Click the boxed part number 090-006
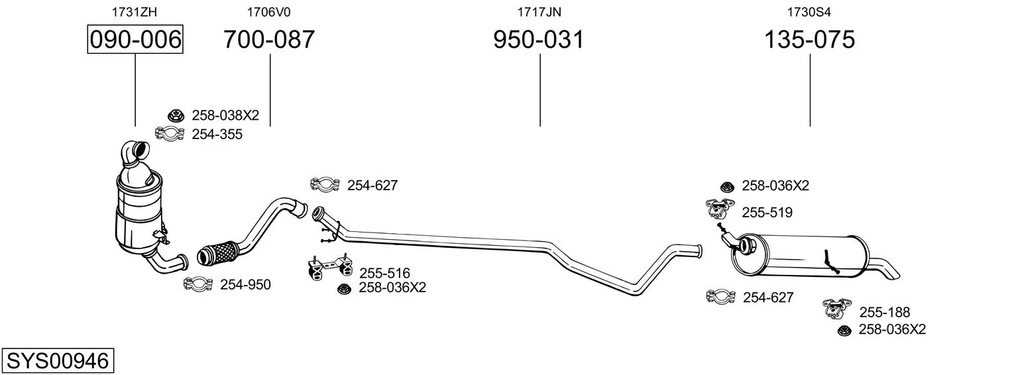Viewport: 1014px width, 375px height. [135, 39]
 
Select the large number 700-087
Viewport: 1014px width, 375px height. [269, 39]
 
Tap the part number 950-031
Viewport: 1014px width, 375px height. [539, 39]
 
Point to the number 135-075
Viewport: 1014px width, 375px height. [809, 39]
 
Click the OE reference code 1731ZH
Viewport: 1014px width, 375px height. [135, 12]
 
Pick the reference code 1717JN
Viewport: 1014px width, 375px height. [539, 12]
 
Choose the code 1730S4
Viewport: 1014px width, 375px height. [809, 12]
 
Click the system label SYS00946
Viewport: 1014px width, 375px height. [58, 361]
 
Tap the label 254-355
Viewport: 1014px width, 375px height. [217, 134]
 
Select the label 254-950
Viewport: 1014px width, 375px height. [245, 284]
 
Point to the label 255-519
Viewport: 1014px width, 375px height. [767, 212]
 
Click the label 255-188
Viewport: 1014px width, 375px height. [885, 312]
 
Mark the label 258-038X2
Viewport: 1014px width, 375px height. [225, 115]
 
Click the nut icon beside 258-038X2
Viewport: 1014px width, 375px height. [176, 116]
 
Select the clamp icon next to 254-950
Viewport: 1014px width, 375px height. [197, 284]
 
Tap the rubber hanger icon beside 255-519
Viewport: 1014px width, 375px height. [720, 209]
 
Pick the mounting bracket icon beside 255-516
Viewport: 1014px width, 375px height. [329, 267]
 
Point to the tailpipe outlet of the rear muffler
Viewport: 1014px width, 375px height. [885, 268]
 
